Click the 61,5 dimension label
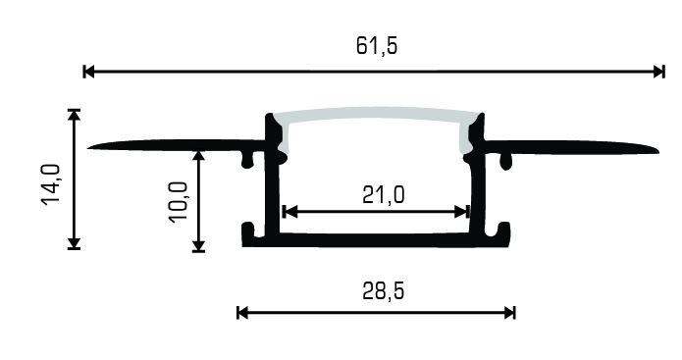pyautogui.click(x=377, y=46)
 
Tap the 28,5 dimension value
pyautogui.click(x=383, y=291)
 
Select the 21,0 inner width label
pyautogui.click(x=383, y=195)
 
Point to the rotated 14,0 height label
pyautogui.click(x=51, y=183)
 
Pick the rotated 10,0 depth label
pyautogui.click(x=179, y=202)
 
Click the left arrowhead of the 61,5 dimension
pyautogui.click(x=89, y=72)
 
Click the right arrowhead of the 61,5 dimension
pyautogui.click(x=659, y=72)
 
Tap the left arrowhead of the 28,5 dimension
pyautogui.click(x=242, y=313)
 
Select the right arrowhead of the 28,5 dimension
pyautogui.click(x=509, y=313)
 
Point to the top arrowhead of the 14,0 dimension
pyautogui.click(x=75, y=115)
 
